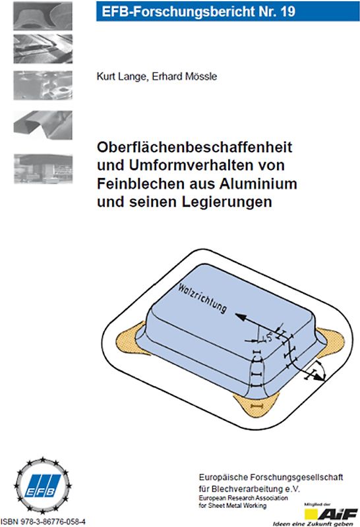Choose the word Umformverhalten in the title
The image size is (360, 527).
171,165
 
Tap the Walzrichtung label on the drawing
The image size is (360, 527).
202,297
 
